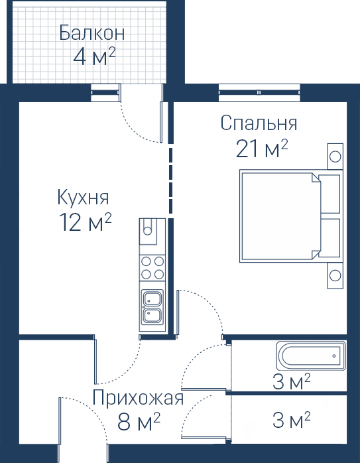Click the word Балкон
pyautogui.click(x=91, y=33)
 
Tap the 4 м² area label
pyautogui.click(x=94, y=56)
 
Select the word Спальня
pyautogui.click(x=259, y=123)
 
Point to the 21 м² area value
pyautogui.click(x=262, y=149)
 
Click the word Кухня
pyautogui.click(x=83, y=198)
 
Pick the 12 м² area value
pyautogui.click(x=86, y=222)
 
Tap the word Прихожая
pyautogui.click(x=138, y=398)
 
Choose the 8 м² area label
pyautogui.click(x=139, y=422)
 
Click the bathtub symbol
pyautogui.click(x=311, y=356)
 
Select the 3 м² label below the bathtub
pyautogui.click(x=291, y=381)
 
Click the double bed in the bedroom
pyautogui.click(x=291, y=216)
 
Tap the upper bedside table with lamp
pyautogui.click(x=335, y=157)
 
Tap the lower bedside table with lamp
pyautogui.click(x=335, y=275)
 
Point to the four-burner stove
pyautogui.click(x=152, y=268)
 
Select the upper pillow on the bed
pyautogui.click(x=330, y=194)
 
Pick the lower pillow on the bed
pyautogui.click(x=330, y=237)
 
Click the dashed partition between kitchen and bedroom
pyautogui.click(x=170, y=180)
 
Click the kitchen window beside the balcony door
pyautogui.click(x=105, y=93)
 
